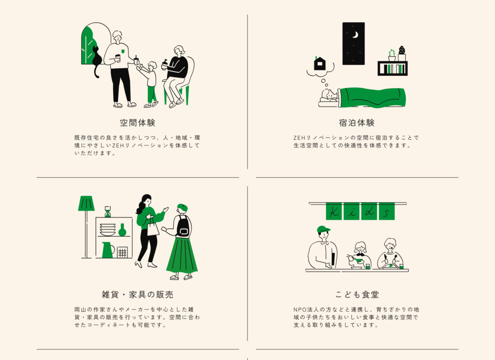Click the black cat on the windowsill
coord(97,60)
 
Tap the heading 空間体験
coord(138,123)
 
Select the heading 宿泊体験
coord(357,123)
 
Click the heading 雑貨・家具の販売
coord(138,294)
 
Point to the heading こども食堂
coord(357,294)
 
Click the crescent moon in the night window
coord(355,35)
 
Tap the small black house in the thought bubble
coord(320,64)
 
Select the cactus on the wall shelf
coord(392,55)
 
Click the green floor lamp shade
coord(86,204)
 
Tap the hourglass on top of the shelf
coord(107,212)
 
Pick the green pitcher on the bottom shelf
coord(107,250)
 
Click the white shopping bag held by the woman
coord(153,228)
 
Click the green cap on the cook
coord(323,229)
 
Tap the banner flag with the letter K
coord(334,211)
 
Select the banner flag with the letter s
coord(386,211)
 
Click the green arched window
coord(89,46)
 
